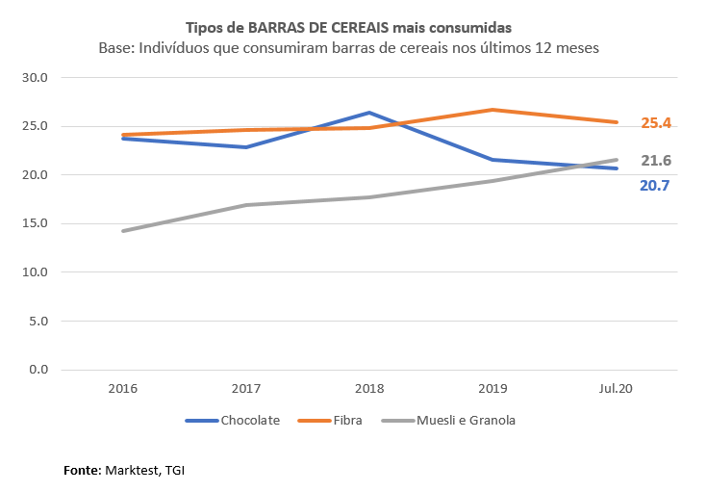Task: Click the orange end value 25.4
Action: click(656, 123)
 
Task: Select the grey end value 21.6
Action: click(656, 161)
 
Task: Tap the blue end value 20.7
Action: click(654, 185)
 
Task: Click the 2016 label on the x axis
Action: click(123, 389)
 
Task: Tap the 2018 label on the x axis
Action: click(369, 389)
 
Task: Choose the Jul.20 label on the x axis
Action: click(617, 389)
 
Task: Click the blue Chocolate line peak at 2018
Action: click(369, 113)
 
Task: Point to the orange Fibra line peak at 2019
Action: click(493, 110)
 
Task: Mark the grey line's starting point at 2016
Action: click(123, 231)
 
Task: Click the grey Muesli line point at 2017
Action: click(246, 205)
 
